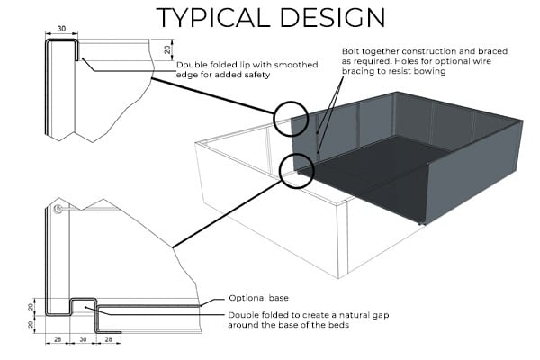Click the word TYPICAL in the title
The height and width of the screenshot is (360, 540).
(x=213, y=17)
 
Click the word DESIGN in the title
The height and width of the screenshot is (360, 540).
(x=333, y=17)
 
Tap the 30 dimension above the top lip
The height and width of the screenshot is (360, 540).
(x=61, y=29)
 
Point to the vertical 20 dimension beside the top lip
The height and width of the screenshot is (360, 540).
(x=167, y=49)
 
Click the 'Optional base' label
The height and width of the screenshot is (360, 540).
(x=258, y=298)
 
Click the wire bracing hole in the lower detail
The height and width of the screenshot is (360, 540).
(x=58, y=209)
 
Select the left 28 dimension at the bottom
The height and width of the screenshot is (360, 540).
(x=58, y=339)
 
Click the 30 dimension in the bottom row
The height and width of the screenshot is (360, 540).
(x=83, y=339)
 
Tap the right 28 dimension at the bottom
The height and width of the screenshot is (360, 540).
(x=109, y=339)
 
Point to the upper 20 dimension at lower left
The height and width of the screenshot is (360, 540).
(x=31, y=306)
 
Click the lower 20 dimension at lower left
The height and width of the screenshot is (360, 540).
(x=31, y=324)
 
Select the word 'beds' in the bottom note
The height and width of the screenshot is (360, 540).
(x=339, y=325)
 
